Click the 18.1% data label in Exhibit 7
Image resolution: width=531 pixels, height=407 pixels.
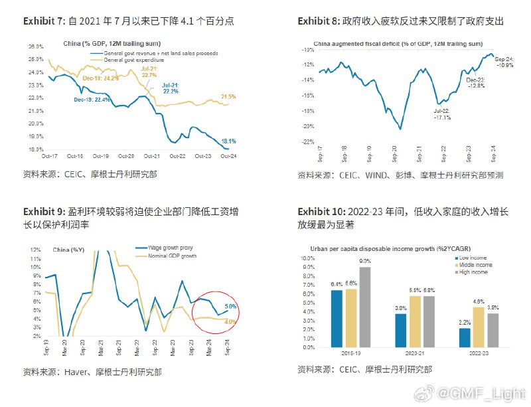(x=228, y=141)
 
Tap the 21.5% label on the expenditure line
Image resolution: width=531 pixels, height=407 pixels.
(x=229, y=96)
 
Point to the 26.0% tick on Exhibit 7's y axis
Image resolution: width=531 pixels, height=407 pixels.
(x=37, y=46)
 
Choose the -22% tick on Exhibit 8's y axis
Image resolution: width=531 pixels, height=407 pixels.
(x=307, y=141)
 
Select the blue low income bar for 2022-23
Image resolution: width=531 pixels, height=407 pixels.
(x=465, y=337)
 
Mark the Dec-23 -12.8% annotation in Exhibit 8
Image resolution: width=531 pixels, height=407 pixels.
(x=475, y=83)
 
